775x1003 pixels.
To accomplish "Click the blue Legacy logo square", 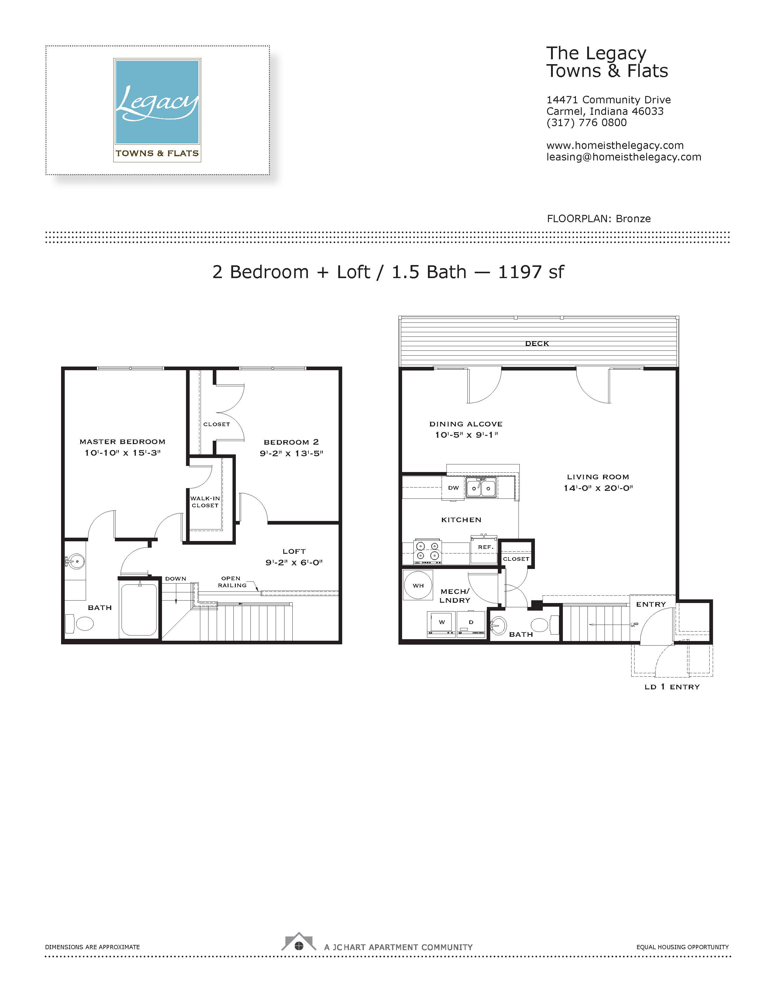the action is pos(157,102).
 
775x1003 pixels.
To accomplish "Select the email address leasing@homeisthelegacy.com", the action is pos(623,157).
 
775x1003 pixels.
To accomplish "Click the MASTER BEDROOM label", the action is pos(122,442).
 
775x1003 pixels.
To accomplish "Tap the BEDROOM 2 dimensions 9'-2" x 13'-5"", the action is pos(291,453).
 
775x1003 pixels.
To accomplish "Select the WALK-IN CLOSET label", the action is pos(205,502).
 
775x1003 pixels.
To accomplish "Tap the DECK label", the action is pos(537,343).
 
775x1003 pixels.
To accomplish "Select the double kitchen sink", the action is pos(481,488).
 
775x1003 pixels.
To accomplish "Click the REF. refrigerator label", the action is pos(485,547).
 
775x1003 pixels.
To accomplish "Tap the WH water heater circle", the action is pos(418,585).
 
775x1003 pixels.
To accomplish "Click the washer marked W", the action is pos(442,624).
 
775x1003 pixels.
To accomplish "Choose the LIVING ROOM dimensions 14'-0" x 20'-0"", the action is pos(598,488).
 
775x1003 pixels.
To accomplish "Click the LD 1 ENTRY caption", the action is pos(672,687).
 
